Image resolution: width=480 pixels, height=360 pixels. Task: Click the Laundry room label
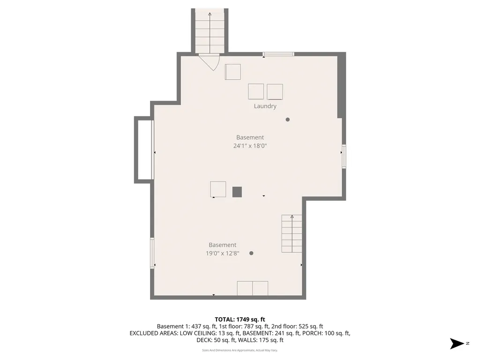(265, 106)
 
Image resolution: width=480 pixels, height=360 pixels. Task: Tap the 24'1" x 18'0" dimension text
(250, 146)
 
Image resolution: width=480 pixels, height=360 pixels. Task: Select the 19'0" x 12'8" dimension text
(223, 253)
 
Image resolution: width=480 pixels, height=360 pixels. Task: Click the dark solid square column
(237, 192)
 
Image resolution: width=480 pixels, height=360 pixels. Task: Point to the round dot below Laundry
(287, 120)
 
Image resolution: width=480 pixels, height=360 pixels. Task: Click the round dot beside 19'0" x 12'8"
(251, 253)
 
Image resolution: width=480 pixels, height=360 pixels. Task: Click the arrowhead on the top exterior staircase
(210, 14)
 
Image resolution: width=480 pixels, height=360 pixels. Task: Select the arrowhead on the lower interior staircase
(292, 217)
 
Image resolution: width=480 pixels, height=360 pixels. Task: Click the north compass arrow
(457, 344)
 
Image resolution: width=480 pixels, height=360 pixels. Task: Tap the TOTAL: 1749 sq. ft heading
(240, 320)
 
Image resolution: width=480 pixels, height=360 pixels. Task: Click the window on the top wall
(278, 54)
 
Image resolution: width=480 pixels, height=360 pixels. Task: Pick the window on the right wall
(344, 157)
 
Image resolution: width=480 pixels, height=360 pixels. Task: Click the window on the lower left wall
(152, 253)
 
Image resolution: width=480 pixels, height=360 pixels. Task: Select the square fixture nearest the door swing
(232, 72)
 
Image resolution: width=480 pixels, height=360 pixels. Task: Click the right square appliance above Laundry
(275, 92)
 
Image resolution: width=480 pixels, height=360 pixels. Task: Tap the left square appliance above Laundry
(256, 91)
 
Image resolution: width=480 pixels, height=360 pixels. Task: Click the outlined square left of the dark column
(218, 189)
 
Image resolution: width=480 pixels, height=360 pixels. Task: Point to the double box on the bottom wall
(253, 288)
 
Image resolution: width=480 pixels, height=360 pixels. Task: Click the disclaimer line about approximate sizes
(240, 350)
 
